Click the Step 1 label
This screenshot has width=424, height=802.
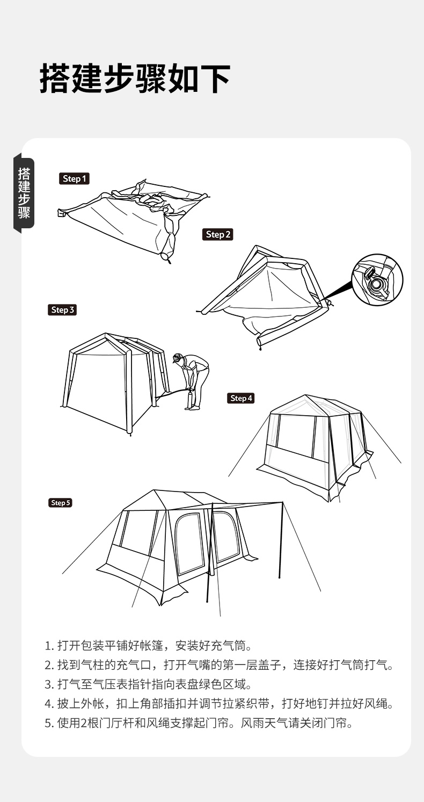pos(74,179)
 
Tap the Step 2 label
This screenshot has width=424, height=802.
pos(218,235)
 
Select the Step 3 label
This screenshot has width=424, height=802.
pos(62,310)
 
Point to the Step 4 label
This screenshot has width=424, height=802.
pos(241,398)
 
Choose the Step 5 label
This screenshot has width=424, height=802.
pos(60,503)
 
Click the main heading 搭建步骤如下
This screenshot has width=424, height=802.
pos(135,79)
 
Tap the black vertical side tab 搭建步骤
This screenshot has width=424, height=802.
pos(24,193)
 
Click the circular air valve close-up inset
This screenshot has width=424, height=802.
pos(377,280)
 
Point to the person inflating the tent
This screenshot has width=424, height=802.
pos(193,381)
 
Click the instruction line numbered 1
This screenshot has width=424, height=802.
pos(149,646)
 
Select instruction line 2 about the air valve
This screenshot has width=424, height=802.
pos(219,665)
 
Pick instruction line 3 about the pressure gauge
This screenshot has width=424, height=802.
pos(149,684)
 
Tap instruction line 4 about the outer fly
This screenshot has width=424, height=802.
pos(219,704)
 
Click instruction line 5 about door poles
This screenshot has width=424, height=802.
pos(199,723)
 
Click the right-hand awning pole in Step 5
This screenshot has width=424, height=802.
pos(281,540)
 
